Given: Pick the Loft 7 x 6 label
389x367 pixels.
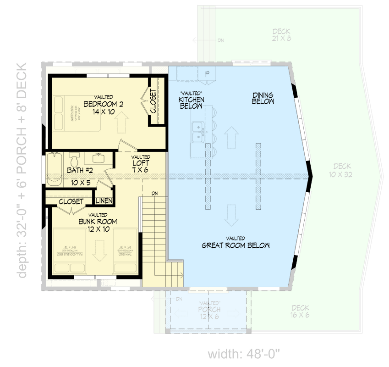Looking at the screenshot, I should click(x=141, y=163).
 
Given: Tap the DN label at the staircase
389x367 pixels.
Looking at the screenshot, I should click(x=155, y=193).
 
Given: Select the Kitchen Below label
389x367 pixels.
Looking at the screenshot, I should click(x=191, y=102).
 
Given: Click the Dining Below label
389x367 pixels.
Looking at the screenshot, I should click(x=263, y=98).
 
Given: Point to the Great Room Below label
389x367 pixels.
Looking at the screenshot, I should click(x=236, y=245).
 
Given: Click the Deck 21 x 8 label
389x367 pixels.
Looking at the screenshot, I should click(x=281, y=35).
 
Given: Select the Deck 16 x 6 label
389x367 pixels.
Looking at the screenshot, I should click(x=300, y=312).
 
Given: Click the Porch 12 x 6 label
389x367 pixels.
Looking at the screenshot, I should click(x=209, y=313).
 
